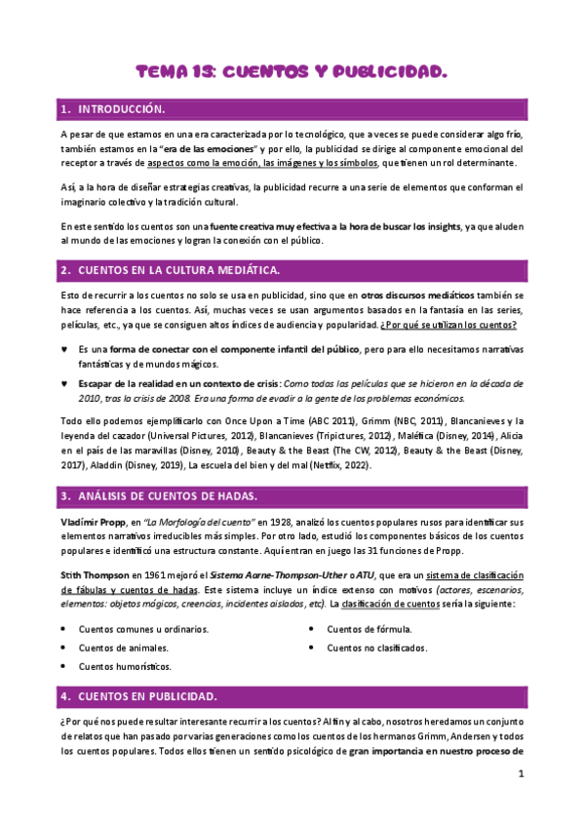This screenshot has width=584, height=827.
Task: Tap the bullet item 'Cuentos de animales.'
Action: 123,647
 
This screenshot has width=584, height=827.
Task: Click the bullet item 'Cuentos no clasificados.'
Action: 376,647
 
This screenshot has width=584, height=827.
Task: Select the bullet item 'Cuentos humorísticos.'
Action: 125,666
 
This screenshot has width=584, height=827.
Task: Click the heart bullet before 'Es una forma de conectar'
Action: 64,348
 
